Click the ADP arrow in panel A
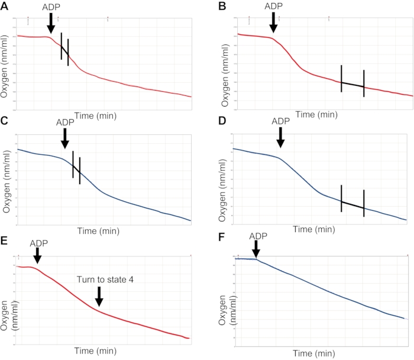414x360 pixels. [51, 24]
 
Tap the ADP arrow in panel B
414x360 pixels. [273, 22]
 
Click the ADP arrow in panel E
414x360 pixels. [37, 255]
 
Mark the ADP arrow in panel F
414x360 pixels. [256, 250]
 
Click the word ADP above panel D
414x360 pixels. [281, 121]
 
